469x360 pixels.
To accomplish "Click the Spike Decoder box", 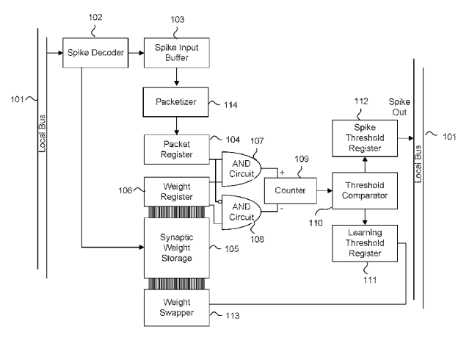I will [x=95, y=53].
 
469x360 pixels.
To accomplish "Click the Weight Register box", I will [x=175, y=191].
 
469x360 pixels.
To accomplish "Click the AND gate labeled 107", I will [x=239, y=167].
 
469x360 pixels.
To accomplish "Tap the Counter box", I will [x=290, y=190].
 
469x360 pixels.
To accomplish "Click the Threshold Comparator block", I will [x=365, y=190].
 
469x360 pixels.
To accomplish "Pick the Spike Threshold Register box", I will [x=365, y=138].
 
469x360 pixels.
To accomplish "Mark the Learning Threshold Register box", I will [x=365, y=243].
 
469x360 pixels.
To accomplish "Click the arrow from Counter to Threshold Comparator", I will [x=324, y=190].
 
